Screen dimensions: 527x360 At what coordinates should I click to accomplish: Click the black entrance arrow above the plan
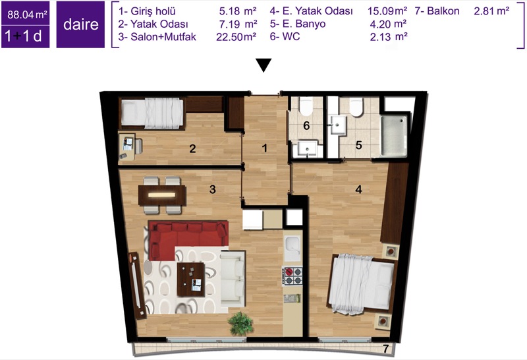point(263,65)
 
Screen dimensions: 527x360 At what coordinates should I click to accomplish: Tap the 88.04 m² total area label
point(27,15)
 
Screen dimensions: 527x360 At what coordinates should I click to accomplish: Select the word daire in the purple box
point(80,24)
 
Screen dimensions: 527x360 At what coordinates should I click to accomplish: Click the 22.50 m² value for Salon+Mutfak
point(236,37)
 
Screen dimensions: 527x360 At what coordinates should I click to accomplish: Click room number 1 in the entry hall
point(265,148)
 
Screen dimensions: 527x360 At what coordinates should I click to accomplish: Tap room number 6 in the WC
point(306,125)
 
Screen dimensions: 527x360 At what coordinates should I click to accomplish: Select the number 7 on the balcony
point(385,349)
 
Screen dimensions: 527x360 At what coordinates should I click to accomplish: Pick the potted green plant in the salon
point(240,323)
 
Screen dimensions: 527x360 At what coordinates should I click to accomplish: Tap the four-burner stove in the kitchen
point(292,276)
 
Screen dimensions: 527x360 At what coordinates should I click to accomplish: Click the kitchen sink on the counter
point(292,249)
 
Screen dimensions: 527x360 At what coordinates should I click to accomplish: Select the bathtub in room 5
point(393,136)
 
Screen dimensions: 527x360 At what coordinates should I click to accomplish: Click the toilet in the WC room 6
point(306,105)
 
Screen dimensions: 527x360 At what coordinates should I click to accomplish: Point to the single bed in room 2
point(153,113)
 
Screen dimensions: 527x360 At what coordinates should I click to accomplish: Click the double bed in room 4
point(361,284)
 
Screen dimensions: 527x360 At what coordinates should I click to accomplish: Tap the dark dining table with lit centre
point(162,195)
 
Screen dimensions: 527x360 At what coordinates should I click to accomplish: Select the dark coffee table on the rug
point(191,280)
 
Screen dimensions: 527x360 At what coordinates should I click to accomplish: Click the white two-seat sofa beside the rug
point(233,278)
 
